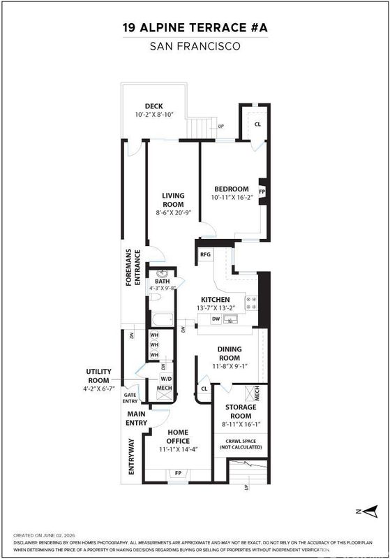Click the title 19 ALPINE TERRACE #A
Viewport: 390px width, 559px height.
(x=195, y=27)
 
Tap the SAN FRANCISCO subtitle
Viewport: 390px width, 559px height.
(x=195, y=46)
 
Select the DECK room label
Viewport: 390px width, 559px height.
(x=153, y=106)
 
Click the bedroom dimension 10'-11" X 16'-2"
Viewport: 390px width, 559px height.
(x=232, y=197)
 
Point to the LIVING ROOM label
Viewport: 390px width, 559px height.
(x=173, y=200)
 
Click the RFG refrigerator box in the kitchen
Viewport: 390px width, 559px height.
(x=206, y=254)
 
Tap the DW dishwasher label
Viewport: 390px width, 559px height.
(x=216, y=319)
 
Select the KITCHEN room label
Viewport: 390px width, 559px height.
(x=216, y=300)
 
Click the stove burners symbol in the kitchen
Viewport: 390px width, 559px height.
(x=252, y=303)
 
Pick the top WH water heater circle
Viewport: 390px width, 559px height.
(x=154, y=335)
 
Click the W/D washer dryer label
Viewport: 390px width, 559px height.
(x=166, y=378)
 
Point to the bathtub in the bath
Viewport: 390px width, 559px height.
(x=163, y=319)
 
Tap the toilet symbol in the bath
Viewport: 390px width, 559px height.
(x=156, y=296)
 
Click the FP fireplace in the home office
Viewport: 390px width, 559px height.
(x=179, y=474)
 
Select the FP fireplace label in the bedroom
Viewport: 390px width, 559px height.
(x=262, y=191)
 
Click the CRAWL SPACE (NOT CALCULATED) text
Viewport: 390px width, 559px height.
(x=241, y=444)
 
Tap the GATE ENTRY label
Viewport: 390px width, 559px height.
(x=130, y=398)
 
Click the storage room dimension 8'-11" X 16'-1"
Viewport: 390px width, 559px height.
(x=241, y=424)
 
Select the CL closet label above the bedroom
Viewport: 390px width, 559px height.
(x=257, y=124)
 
